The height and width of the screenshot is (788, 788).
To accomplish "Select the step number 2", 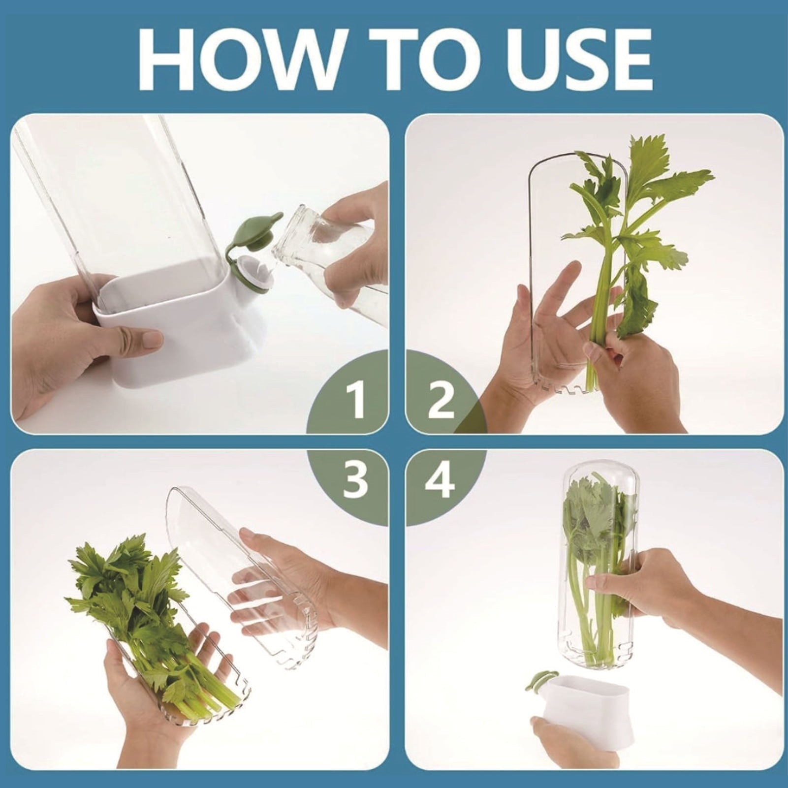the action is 441,401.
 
